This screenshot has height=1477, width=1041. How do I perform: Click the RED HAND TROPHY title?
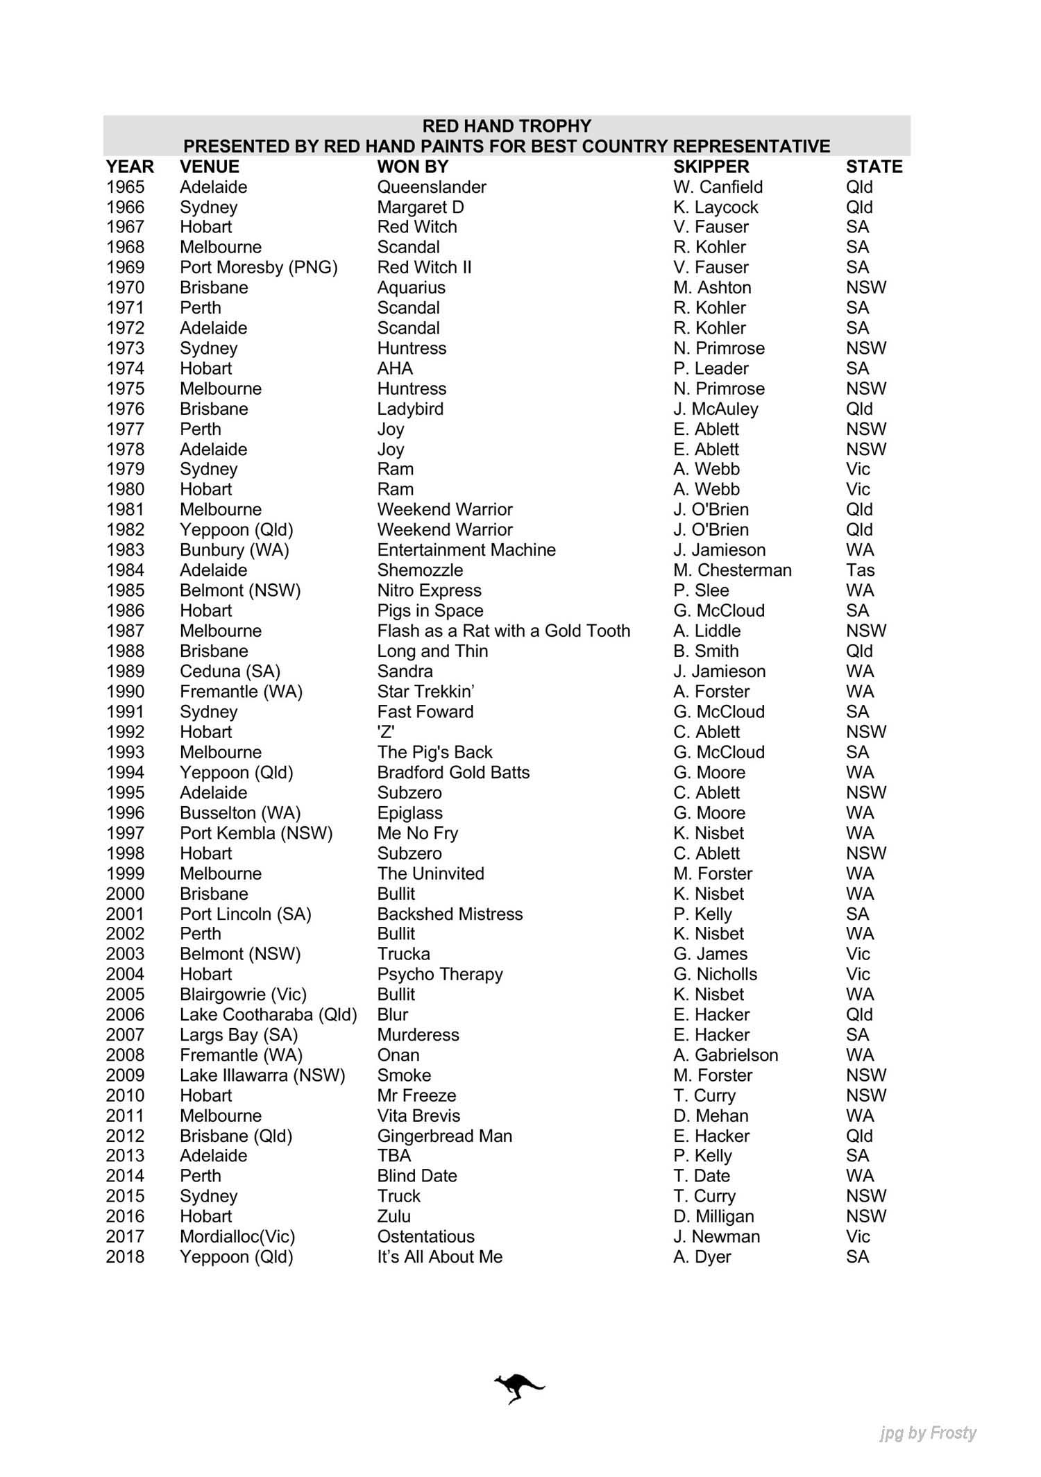click(507, 126)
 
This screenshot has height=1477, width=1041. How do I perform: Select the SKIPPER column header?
click(711, 167)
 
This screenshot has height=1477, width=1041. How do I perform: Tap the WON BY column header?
click(412, 167)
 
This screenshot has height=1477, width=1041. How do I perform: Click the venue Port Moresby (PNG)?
click(258, 268)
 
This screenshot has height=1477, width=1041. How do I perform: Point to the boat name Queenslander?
click(432, 187)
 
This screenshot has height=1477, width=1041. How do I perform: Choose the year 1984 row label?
click(125, 570)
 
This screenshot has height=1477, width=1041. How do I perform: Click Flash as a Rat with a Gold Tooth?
click(503, 631)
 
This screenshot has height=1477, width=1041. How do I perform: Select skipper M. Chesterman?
click(731, 570)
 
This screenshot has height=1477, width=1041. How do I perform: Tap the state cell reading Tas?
click(860, 570)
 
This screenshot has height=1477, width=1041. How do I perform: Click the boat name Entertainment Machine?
click(466, 550)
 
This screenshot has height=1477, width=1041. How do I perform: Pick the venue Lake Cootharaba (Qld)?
click(268, 1014)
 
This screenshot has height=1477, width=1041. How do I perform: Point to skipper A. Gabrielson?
click(725, 1055)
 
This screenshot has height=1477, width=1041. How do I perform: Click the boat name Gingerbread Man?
click(444, 1136)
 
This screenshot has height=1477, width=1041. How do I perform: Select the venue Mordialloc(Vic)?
click(237, 1236)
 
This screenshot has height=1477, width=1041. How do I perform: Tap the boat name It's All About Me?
click(439, 1256)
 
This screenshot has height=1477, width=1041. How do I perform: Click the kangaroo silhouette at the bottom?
click(519, 1388)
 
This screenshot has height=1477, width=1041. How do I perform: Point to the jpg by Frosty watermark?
click(927, 1433)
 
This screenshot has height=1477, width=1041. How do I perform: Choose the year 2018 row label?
click(125, 1256)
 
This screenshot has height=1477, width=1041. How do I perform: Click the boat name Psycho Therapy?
click(439, 974)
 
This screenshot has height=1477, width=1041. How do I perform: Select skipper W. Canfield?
click(718, 187)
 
